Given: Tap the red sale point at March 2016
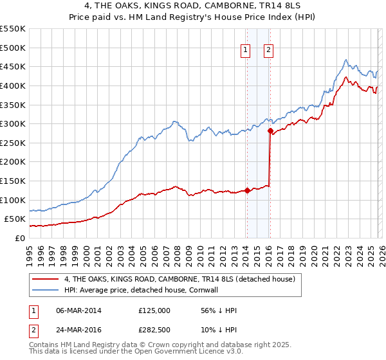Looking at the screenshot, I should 270,130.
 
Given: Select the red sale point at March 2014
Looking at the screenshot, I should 247,190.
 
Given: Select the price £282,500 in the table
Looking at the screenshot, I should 154,331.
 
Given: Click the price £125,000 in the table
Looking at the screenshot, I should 154,310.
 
